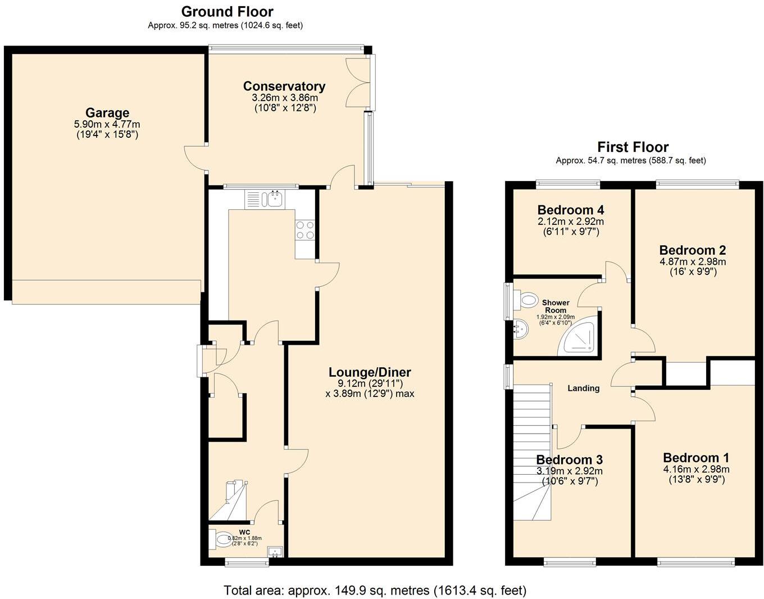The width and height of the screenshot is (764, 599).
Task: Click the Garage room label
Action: (107, 113)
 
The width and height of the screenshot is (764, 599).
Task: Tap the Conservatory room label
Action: (284, 86)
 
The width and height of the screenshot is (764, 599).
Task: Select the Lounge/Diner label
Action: (370, 372)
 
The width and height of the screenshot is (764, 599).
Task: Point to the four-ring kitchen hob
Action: (305, 230)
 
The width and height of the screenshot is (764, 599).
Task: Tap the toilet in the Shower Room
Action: (525, 300)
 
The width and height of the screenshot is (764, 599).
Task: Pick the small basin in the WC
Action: (275, 552)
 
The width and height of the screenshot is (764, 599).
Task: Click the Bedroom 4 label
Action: (571, 210)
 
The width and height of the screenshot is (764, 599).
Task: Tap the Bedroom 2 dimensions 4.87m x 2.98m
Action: (693, 262)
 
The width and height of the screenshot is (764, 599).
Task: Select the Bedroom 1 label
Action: (696, 458)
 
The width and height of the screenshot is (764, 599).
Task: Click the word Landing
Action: (584, 388)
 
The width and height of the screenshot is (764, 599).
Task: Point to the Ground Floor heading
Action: (227, 12)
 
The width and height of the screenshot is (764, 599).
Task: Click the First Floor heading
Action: (633, 147)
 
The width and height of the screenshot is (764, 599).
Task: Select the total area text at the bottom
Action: (375, 590)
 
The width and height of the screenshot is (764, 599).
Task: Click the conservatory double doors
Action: (358, 82)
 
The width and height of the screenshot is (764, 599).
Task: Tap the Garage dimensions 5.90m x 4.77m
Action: (107, 124)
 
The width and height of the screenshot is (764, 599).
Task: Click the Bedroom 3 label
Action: (569, 460)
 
